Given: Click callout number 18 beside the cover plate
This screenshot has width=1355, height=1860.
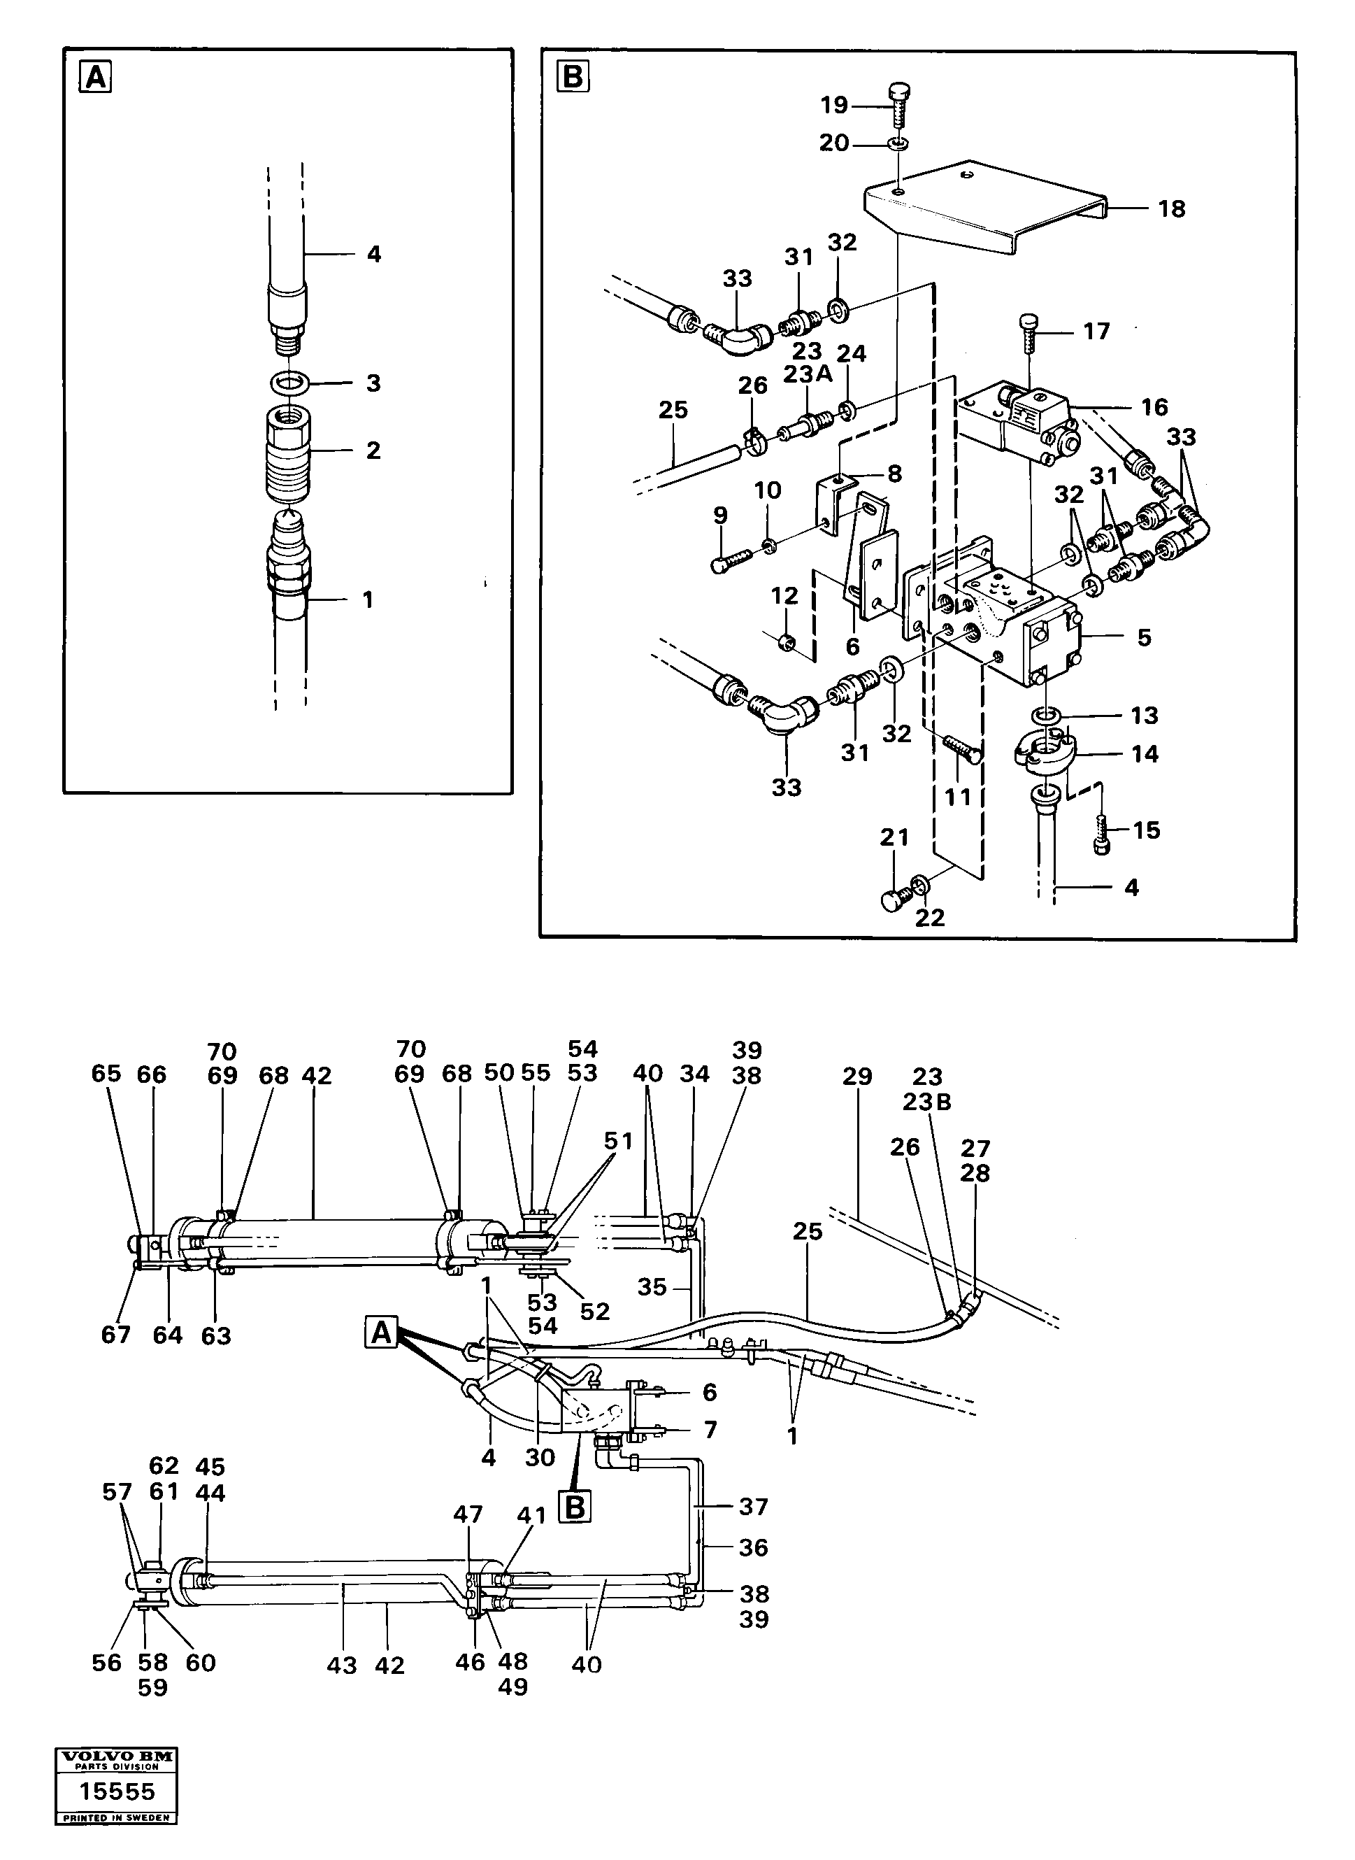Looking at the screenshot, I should coord(1171,209).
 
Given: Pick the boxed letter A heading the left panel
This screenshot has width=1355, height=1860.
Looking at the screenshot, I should coord(96,78).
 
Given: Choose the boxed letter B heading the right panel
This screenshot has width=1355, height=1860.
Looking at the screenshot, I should coord(573,78).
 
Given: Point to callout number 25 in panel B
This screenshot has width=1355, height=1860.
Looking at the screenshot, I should coord(673,410).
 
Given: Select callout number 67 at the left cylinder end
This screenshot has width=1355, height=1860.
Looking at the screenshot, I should coord(115,1335).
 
